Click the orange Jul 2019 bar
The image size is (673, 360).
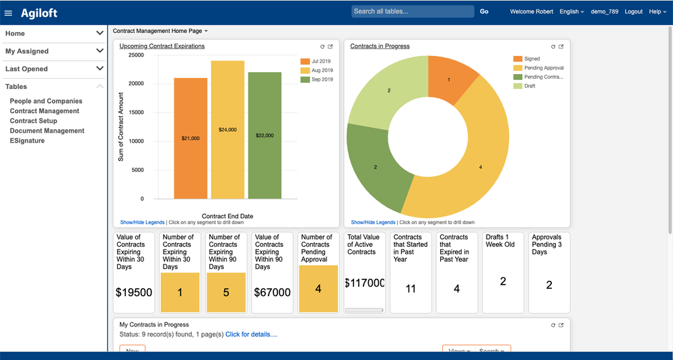190,138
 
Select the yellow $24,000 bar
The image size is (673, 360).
227,129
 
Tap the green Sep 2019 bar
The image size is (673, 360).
264,135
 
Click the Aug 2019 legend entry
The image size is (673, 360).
322,70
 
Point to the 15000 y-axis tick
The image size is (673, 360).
135,112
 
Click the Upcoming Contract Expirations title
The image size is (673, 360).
162,46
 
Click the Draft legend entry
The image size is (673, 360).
530,86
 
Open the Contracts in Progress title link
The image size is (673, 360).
380,46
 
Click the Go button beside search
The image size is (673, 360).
484,11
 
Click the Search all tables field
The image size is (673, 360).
412,11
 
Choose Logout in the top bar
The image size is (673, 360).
633,11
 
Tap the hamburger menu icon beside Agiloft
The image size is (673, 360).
9,13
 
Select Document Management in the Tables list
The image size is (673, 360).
47,131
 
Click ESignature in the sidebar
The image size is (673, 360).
28,141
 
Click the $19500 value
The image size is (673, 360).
134,293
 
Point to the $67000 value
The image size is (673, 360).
272,293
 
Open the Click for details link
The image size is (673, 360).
251,334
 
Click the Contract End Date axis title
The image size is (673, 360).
227,216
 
